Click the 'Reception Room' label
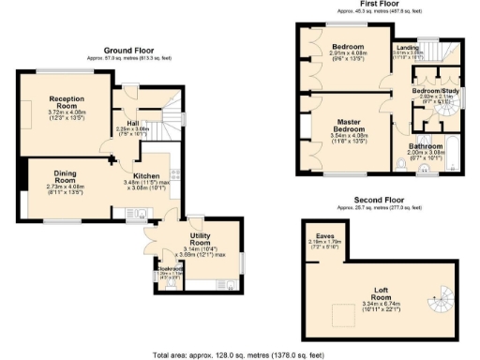pyautogui.click(x=68, y=100)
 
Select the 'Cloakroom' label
pyautogui.click(x=169, y=267)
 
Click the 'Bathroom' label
pyautogui.click(x=427, y=146)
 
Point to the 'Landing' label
pyautogui.click(x=407, y=47)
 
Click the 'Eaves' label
pyautogui.click(x=325, y=235)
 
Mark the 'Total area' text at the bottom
pyautogui.click(x=239, y=355)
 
